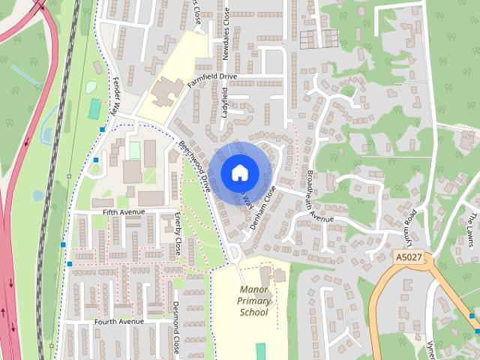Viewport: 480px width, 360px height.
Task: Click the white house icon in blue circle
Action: click(238, 172)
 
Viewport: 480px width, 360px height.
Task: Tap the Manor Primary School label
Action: click(254, 301)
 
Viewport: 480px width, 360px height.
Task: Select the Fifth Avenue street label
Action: click(123, 212)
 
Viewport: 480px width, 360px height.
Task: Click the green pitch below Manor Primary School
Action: click(260, 350)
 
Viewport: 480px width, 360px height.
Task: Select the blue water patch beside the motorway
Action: click(37, 195)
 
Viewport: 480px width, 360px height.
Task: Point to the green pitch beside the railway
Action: click(95, 109)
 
